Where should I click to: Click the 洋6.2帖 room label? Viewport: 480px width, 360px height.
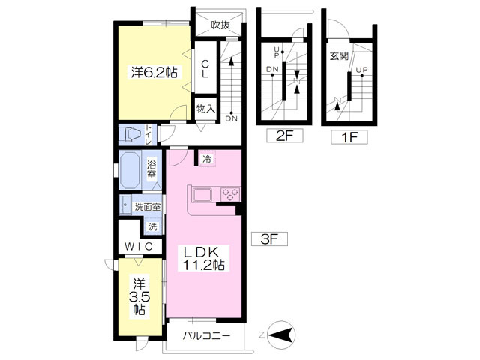tap(154, 73)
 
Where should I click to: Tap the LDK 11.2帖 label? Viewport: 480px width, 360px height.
tap(203, 259)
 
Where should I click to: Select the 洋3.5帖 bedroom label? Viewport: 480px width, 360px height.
tap(139, 297)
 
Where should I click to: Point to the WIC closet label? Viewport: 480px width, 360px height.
tap(139, 247)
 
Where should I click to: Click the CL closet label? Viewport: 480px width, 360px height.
tap(205, 68)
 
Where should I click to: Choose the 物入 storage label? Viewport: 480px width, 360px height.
tap(205, 108)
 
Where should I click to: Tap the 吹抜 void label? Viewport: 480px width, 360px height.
tap(220, 25)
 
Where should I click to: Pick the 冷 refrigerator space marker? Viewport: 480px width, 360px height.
tap(207, 159)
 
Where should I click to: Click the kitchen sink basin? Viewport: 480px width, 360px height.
tap(202, 195)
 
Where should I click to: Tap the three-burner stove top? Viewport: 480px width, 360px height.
tap(230, 194)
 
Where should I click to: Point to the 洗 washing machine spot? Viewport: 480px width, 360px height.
tap(152, 226)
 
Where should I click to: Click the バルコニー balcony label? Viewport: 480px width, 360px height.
tap(206, 336)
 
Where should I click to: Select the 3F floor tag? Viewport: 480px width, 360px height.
tap(269, 239)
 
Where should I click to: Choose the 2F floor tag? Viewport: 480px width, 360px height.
tap(285, 136)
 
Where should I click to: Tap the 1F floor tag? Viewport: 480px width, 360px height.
tap(349, 137)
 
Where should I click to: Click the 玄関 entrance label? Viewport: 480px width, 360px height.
tap(339, 56)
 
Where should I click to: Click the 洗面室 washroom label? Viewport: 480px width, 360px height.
tap(148, 207)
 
